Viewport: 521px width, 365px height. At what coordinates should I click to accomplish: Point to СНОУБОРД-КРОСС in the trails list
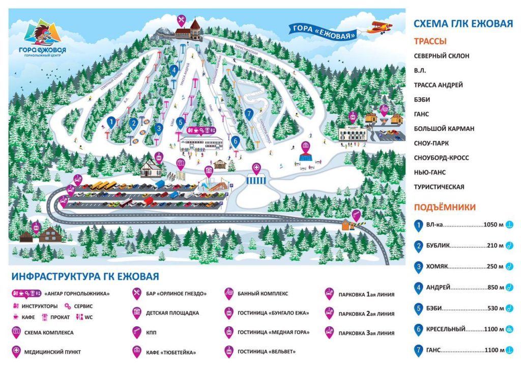click(x=441, y=158)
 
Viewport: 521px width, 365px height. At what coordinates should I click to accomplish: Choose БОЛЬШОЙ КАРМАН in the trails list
click(x=444, y=129)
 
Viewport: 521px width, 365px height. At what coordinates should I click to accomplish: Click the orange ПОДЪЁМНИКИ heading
click(x=445, y=207)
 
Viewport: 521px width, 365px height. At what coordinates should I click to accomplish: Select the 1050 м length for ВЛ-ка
click(x=493, y=224)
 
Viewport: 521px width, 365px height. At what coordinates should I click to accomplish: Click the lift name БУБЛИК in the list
click(x=439, y=246)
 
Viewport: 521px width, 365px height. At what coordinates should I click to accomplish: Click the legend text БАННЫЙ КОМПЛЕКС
click(x=263, y=294)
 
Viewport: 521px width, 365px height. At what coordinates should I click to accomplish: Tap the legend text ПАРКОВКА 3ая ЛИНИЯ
click(x=366, y=333)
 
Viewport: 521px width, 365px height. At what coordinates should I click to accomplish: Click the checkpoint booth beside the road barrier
click(x=348, y=224)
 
